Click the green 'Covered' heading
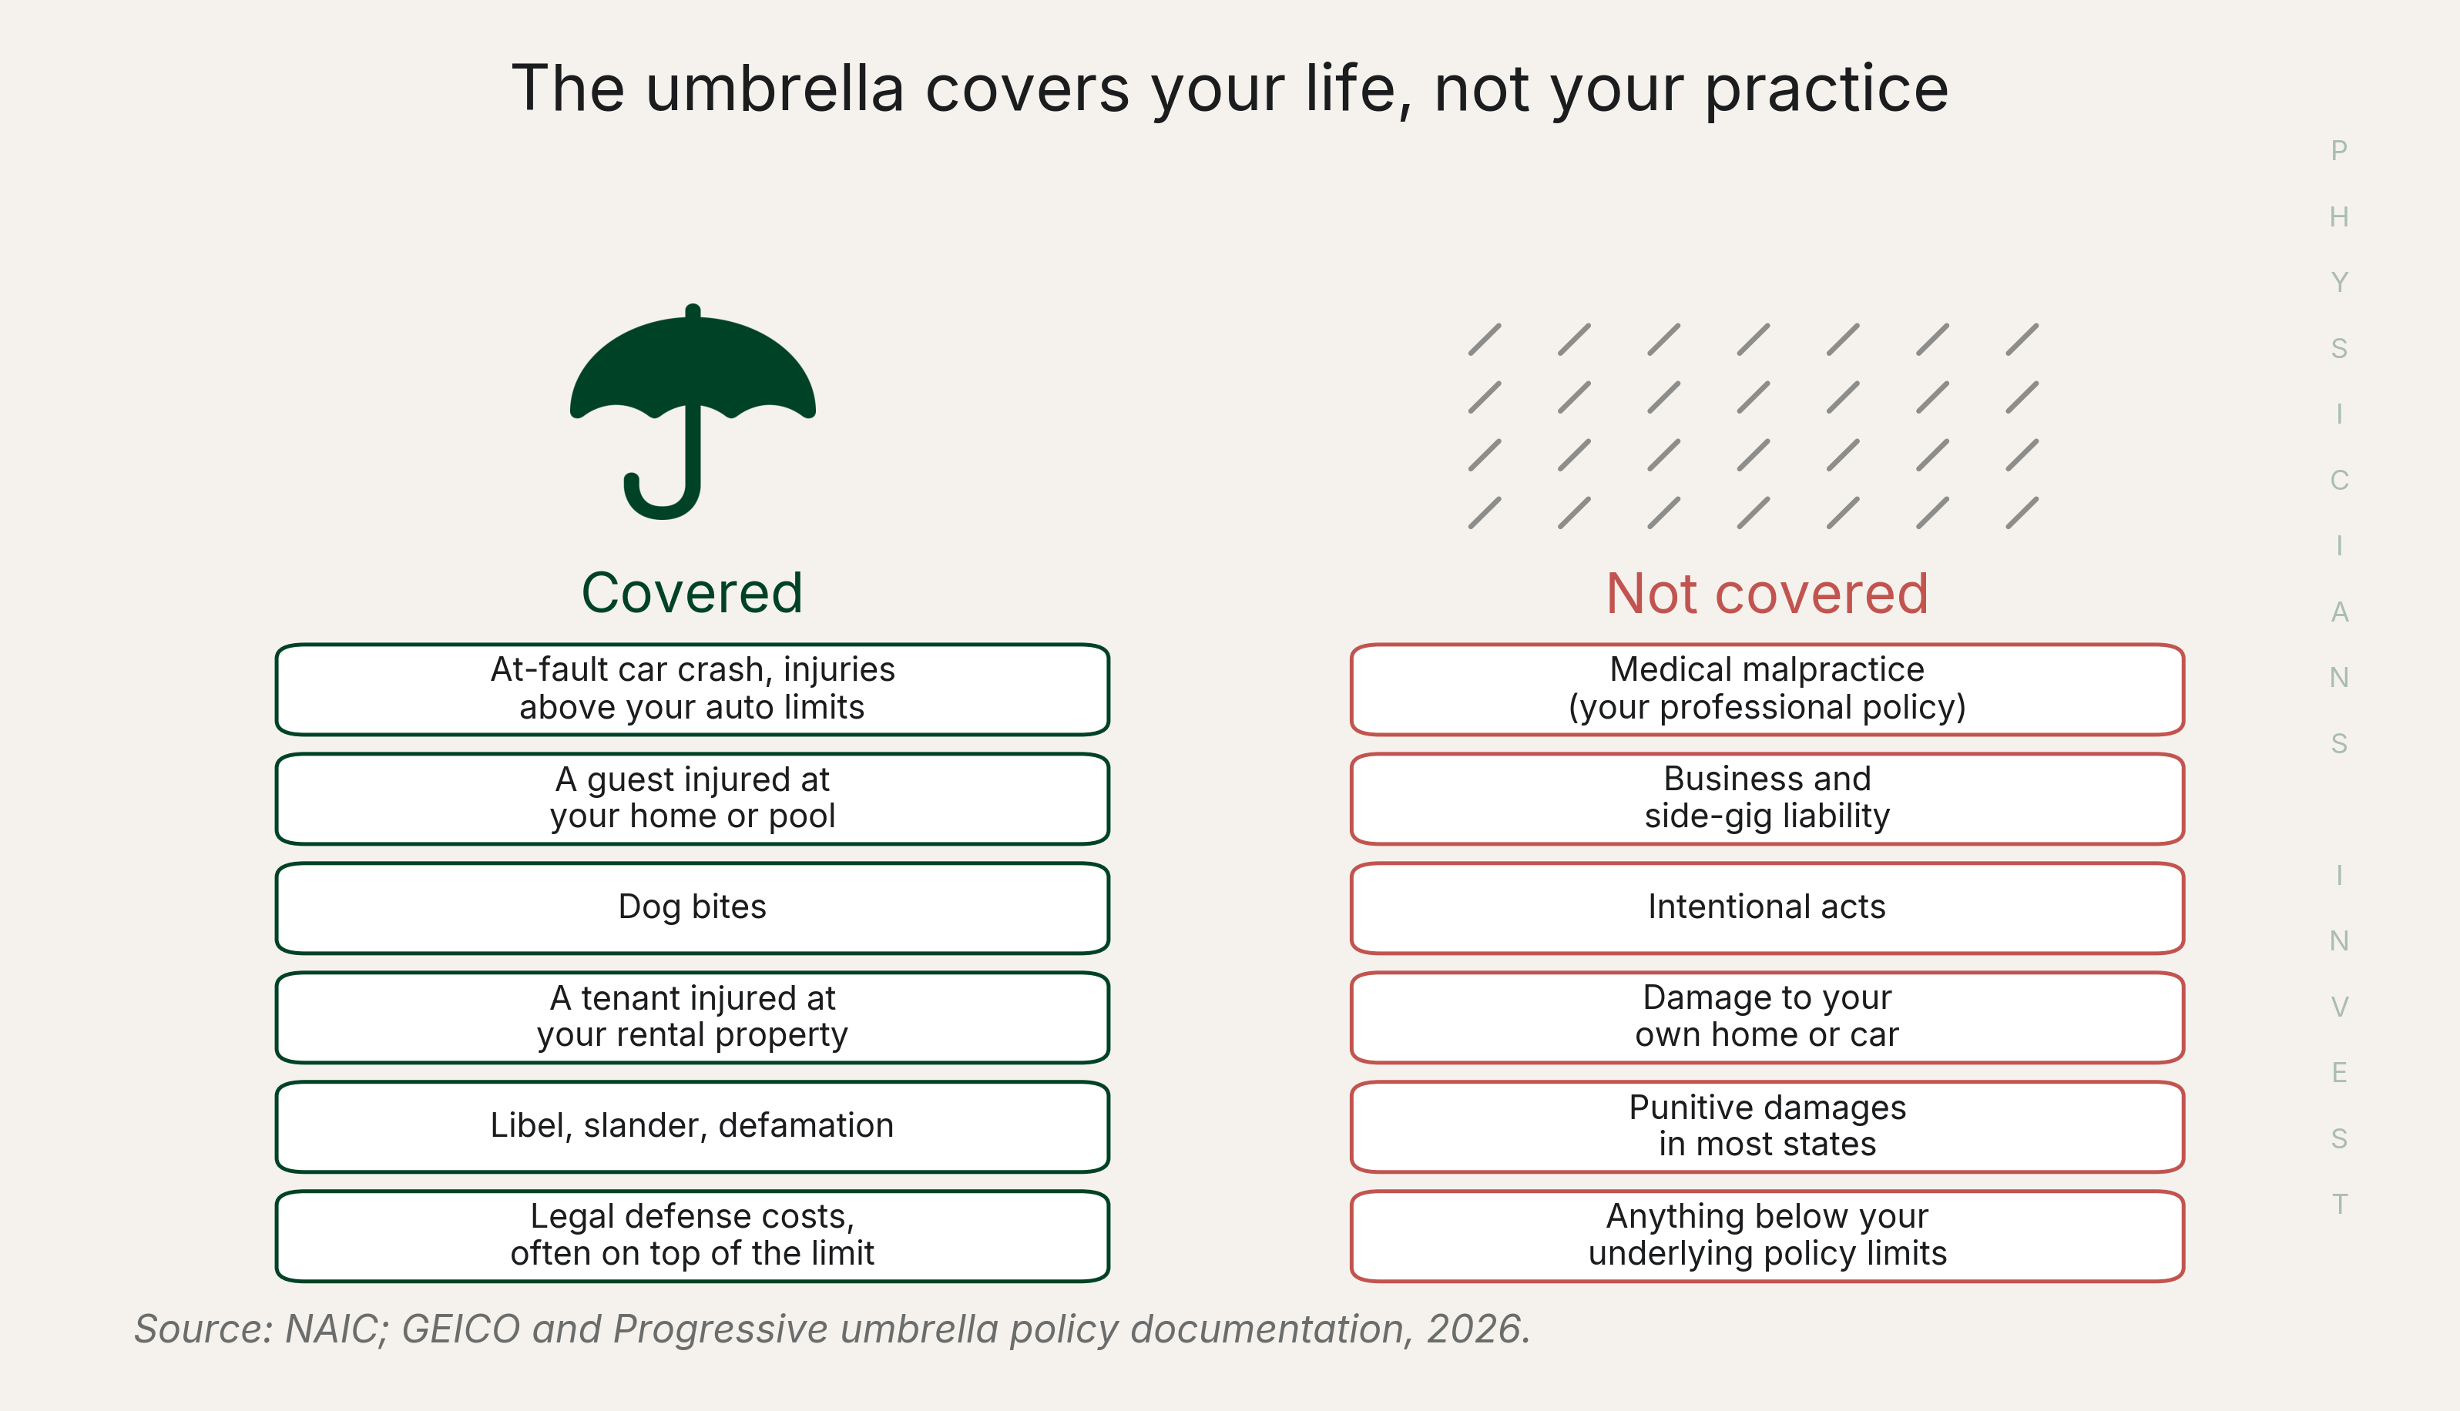pyautogui.click(x=692, y=593)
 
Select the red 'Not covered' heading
pyautogui.click(x=1767, y=593)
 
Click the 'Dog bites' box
pyautogui.click(x=692, y=908)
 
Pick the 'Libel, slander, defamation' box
pyautogui.click(x=692, y=1127)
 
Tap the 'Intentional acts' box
pyautogui.click(x=1767, y=908)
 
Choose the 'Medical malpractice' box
pyautogui.click(x=1767, y=689)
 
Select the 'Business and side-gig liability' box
pyautogui.click(x=1767, y=799)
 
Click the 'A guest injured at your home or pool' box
pyautogui.click(x=692, y=799)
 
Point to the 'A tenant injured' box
pyautogui.click(x=692, y=1017)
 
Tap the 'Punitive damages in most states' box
pyautogui.click(x=1767, y=1127)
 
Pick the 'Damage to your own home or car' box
pyautogui.click(x=1767, y=1017)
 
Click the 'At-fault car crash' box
pyautogui.click(x=692, y=689)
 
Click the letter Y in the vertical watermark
pyautogui.click(x=2339, y=282)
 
